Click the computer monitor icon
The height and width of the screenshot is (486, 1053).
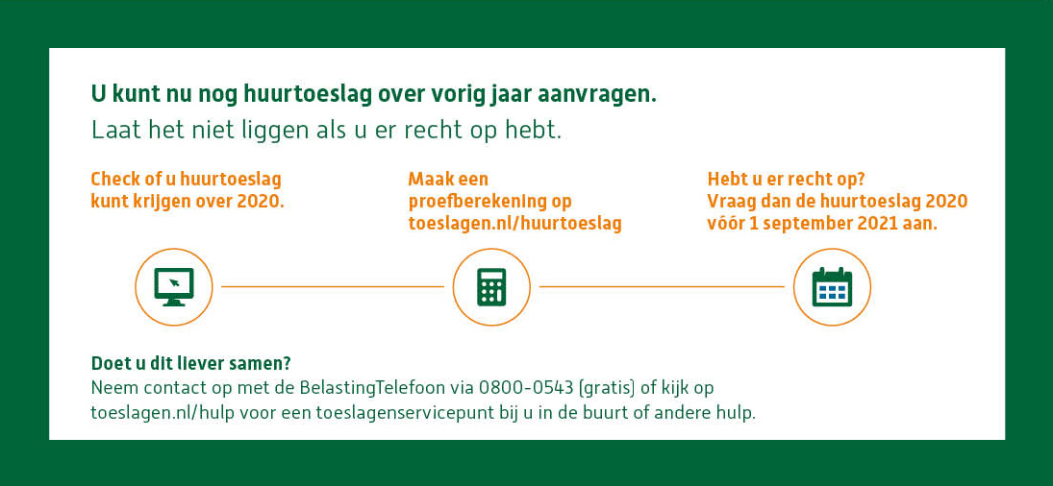tap(174, 286)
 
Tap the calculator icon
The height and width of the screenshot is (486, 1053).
tap(491, 286)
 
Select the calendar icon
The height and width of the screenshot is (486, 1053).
tap(832, 286)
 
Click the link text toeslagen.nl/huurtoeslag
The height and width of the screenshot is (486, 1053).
tap(514, 224)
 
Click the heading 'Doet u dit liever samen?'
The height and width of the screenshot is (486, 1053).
tap(190, 363)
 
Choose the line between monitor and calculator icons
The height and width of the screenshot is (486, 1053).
tap(332, 286)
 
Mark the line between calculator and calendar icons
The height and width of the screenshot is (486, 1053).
tap(662, 286)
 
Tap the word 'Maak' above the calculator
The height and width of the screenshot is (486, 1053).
tap(430, 180)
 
